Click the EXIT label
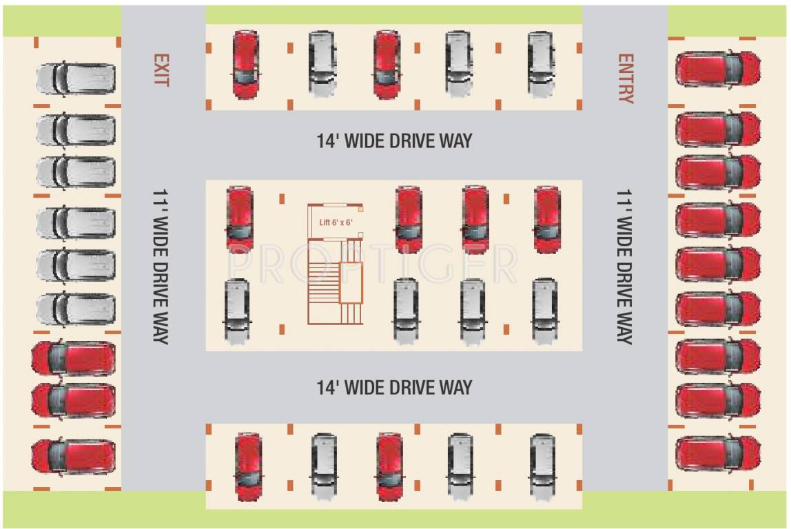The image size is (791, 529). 161,70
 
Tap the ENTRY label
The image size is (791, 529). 626,78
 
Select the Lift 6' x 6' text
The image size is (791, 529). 336,222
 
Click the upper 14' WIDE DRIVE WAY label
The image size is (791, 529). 395,141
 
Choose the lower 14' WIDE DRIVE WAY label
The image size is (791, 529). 395,387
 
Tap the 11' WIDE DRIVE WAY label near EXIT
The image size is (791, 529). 161,267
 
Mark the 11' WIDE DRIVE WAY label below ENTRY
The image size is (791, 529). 624,267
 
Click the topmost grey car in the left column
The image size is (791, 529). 76,79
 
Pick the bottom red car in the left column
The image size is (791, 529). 74,457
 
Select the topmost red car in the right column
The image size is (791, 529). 718,69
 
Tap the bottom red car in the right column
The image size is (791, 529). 718,453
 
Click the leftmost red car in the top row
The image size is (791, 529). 246,64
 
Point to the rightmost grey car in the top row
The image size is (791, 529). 541,63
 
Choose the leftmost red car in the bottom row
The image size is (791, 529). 248,466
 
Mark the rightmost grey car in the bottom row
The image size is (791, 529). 542,466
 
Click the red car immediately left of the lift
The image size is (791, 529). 240,219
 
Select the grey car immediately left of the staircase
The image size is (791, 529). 236,311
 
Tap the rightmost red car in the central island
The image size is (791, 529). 547,219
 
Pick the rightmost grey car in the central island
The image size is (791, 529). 544,311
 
